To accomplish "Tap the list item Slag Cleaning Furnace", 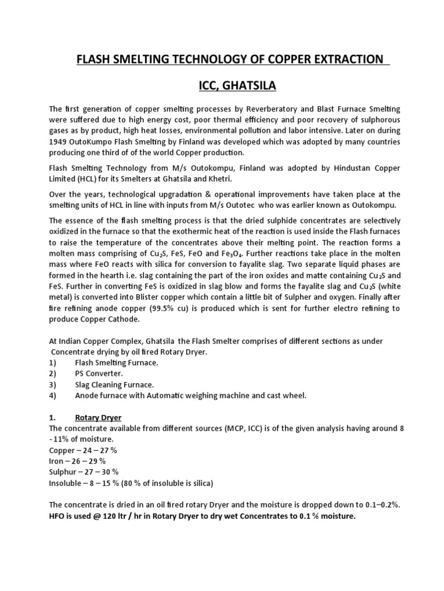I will [x=113, y=385].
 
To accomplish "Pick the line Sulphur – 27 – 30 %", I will [x=87, y=472].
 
